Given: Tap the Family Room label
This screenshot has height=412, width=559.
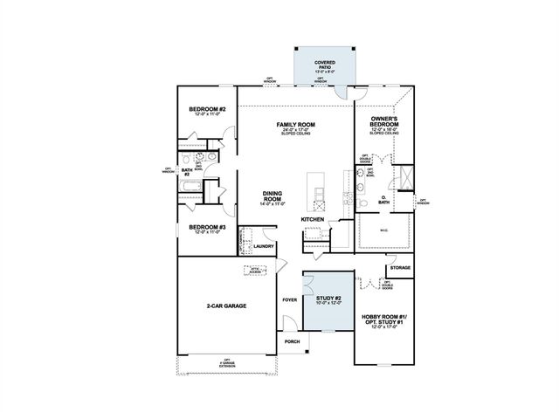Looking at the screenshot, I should pos(295,125).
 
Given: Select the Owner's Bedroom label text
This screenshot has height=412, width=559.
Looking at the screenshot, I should pos(384,120).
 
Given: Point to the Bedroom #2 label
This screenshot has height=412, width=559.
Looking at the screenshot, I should pos(208,110).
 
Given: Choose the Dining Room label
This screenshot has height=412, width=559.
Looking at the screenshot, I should pos(272,196).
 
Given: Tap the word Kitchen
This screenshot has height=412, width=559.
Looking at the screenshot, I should pos(313,219).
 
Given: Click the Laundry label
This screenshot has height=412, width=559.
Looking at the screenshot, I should pos(264,246).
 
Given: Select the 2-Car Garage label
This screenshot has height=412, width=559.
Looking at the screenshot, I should pos(224,306).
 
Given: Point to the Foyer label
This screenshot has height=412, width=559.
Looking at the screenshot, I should pos(290,300).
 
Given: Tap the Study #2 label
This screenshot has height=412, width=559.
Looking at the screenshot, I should pos(328,299).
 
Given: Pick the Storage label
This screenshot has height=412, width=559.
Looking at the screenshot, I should pos(400,267).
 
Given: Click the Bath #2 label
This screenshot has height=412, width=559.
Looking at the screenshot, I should pos(186,172).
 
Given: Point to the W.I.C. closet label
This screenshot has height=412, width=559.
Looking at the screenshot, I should pos(384,230).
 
